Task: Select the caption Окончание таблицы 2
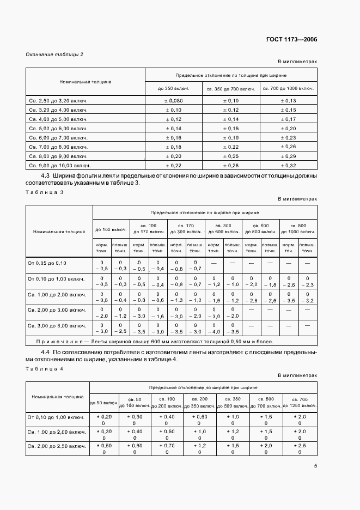(55, 54)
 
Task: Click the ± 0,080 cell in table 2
(173, 101)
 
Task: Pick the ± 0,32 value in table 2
(288, 165)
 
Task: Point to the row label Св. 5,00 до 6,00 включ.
(58, 129)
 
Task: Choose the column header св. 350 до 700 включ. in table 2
(230, 88)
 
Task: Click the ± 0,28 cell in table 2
(230, 165)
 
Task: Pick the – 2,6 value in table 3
(289, 285)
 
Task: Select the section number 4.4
(46, 352)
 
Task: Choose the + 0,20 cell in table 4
(105, 416)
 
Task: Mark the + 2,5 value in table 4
(299, 445)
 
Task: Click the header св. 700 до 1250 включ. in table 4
(299, 402)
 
